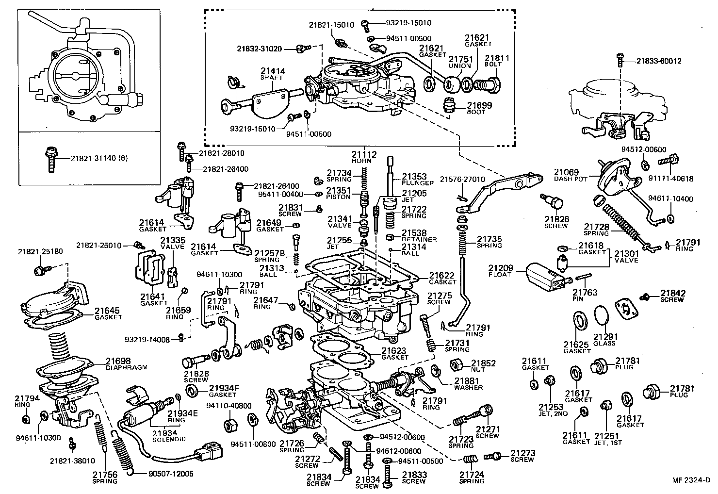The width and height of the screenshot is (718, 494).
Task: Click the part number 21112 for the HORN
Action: click(364, 154)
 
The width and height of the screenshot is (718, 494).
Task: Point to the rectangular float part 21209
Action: click(545, 277)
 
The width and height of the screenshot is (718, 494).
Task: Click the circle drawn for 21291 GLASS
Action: click(602, 318)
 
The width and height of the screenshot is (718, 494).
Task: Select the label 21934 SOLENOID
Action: click(165, 436)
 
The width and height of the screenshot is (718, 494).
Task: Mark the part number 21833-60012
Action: click(659, 61)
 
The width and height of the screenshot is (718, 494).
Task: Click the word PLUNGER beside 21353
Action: click(418, 182)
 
